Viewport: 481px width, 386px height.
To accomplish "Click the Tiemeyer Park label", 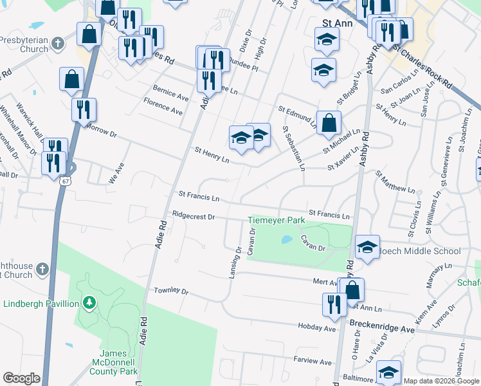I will click(x=277, y=221).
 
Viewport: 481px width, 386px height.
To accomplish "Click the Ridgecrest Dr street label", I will click(x=193, y=216).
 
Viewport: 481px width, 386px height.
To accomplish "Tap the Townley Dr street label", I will click(x=171, y=291).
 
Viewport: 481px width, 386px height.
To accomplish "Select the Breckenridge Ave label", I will click(x=383, y=329).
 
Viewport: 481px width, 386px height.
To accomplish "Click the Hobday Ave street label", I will click(x=318, y=328).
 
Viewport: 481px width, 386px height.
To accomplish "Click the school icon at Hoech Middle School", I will click(x=367, y=247).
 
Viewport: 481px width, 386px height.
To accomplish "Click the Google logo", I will click(x=21, y=378).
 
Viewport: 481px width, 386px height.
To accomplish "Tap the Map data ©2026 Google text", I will click(x=440, y=380).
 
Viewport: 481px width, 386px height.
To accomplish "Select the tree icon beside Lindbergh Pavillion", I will click(x=91, y=303).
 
